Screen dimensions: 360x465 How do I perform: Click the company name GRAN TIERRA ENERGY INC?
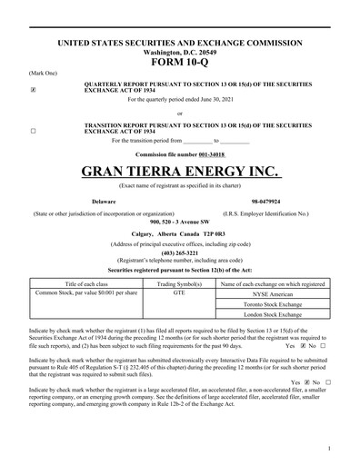pos(179,171)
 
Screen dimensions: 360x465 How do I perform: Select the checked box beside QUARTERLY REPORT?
pos(34,90)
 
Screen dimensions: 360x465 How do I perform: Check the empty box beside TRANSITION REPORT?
pos(34,131)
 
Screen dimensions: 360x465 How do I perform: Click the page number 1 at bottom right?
pos(327,449)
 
